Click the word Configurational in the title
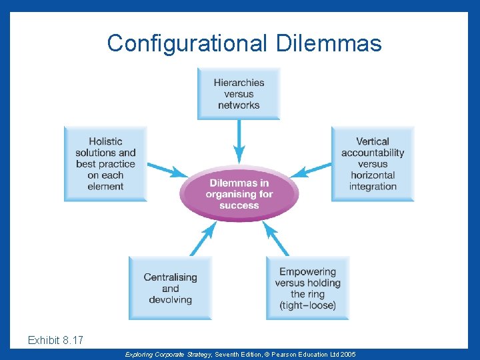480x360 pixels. point(185,44)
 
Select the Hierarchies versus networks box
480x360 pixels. point(239,94)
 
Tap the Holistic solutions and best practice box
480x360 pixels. point(105,164)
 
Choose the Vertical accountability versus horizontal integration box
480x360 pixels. point(373,164)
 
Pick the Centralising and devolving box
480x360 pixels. point(170,288)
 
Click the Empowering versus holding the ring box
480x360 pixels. point(307,288)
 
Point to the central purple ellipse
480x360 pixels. point(239,194)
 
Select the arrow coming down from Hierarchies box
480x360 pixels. point(239,143)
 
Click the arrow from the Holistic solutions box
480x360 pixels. point(167,169)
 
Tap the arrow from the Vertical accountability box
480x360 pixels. point(311,169)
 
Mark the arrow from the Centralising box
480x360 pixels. point(203,239)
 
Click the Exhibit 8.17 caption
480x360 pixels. point(55,341)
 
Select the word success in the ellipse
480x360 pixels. point(239,205)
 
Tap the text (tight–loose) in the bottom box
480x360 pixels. point(307,305)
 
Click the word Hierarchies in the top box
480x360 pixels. point(239,83)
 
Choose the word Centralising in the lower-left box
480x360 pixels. point(170,277)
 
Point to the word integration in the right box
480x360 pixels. point(373,186)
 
